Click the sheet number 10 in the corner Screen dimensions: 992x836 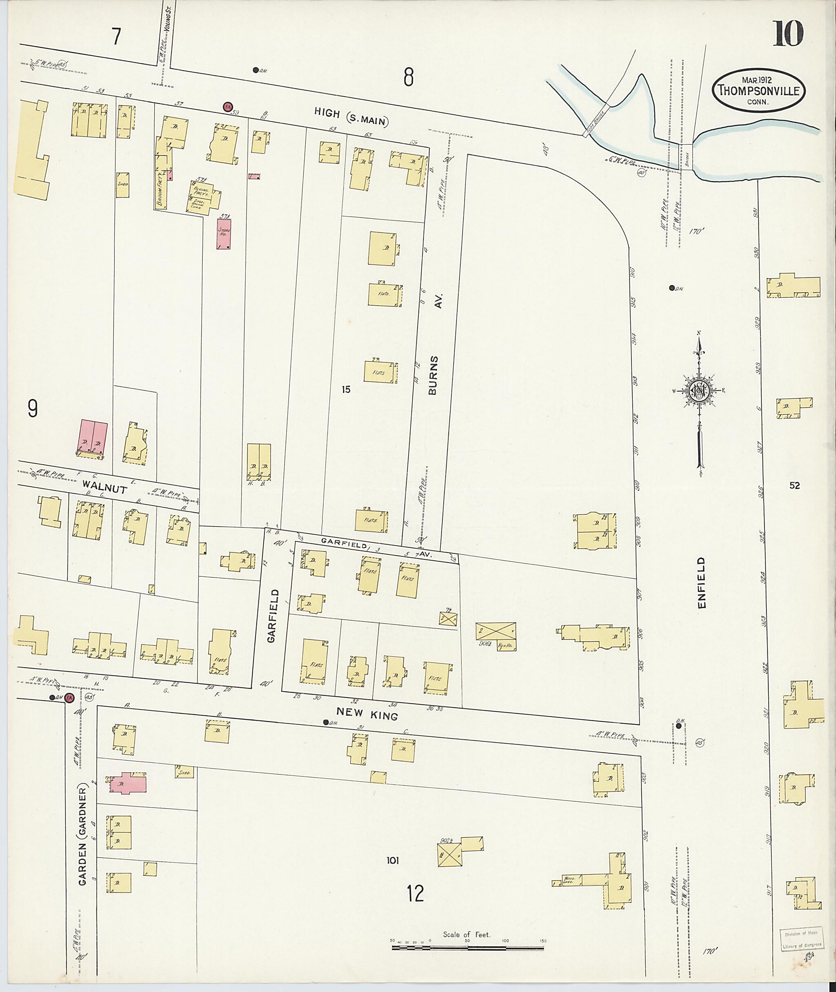(x=789, y=34)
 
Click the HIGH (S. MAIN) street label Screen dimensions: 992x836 (x=351, y=117)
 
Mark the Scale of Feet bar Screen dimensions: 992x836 (x=467, y=948)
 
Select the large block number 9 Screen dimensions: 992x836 (x=32, y=409)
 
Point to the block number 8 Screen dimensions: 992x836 (x=409, y=77)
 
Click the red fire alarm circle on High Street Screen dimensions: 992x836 (x=228, y=107)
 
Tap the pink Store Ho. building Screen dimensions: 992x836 (x=224, y=233)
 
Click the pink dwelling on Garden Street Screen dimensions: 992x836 (x=127, y=783)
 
